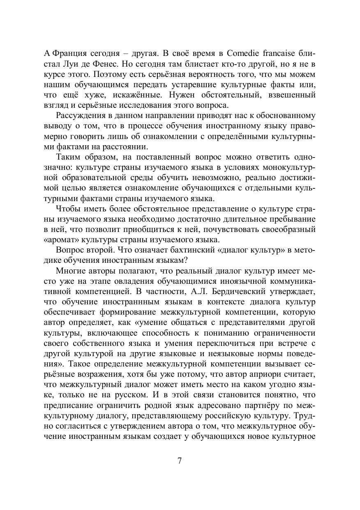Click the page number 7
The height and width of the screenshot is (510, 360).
point(180,460)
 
